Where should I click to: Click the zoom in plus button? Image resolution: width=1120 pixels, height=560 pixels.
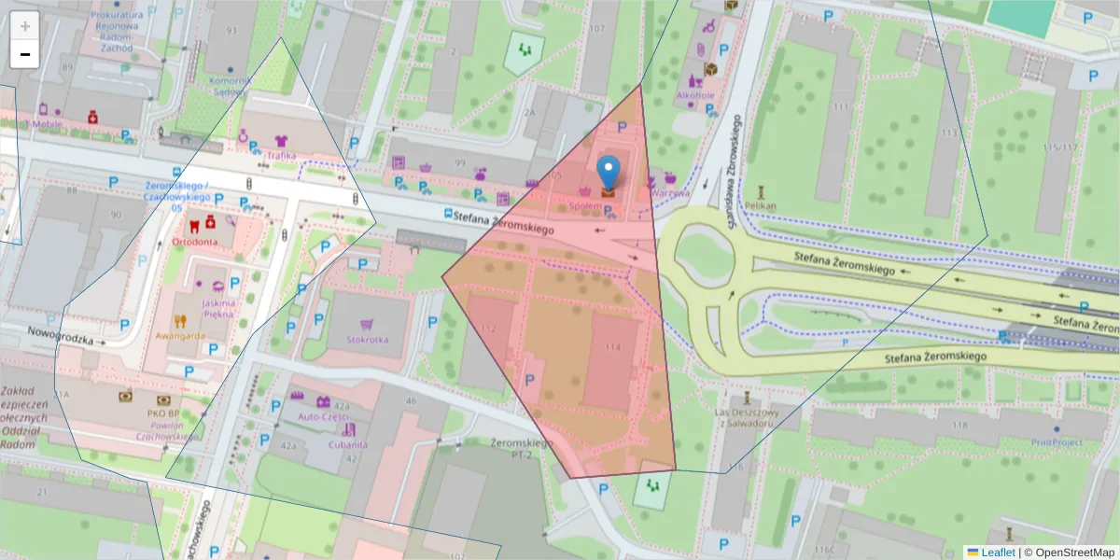pos(25,25)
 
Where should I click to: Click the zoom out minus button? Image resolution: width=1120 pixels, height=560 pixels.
pos(25,54)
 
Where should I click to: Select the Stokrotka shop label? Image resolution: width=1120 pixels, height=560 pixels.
pos(367,340)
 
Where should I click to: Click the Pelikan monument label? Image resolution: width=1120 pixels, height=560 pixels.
pos(762,204)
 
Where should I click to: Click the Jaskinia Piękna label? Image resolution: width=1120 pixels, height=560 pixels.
pos(217,309)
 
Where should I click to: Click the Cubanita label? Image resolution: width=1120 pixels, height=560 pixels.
pos(347,445)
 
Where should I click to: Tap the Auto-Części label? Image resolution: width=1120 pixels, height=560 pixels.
pos(324,416)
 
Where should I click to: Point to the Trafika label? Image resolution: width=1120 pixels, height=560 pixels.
pos(281,156)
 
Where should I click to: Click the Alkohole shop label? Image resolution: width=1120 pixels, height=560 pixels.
pos(695,95)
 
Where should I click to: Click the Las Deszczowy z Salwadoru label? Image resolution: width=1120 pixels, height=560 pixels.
pos(746,417)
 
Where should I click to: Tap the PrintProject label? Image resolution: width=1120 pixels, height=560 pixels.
pos(1056,441)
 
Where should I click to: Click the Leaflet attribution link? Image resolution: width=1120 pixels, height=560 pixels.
pos(997,553)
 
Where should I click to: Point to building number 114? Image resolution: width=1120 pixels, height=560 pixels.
pos(612,347)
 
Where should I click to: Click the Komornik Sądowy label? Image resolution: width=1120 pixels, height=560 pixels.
pos(229,86)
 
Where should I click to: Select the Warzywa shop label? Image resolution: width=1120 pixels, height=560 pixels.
pos(670,193)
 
